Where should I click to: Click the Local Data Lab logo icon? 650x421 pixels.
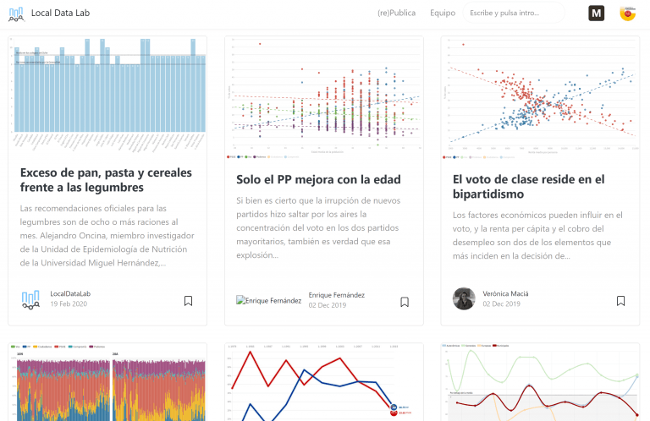point(16,13)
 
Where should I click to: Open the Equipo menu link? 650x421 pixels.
point(443,14)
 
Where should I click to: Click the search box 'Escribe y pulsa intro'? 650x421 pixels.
point(514,14)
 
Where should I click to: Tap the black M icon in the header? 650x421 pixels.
point(597,13)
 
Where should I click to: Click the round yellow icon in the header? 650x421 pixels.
point(628,13)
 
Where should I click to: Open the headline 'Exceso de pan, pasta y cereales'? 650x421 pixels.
point(82,179)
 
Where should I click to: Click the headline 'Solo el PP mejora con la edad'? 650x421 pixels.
point(318,179)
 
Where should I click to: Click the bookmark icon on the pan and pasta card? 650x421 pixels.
point(188,300)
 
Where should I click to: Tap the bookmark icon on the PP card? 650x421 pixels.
point(405,302)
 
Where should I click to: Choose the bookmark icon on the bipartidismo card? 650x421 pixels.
point(620,300)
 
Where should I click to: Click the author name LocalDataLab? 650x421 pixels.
point(70,293)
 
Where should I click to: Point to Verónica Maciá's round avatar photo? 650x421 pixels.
point(464,298)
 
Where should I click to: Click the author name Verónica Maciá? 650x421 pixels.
point(505,293)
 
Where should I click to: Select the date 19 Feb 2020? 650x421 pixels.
point(69,303)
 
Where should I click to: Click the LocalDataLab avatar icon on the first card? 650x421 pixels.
point(30,298)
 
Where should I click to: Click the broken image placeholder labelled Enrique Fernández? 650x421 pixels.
point(269,300)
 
